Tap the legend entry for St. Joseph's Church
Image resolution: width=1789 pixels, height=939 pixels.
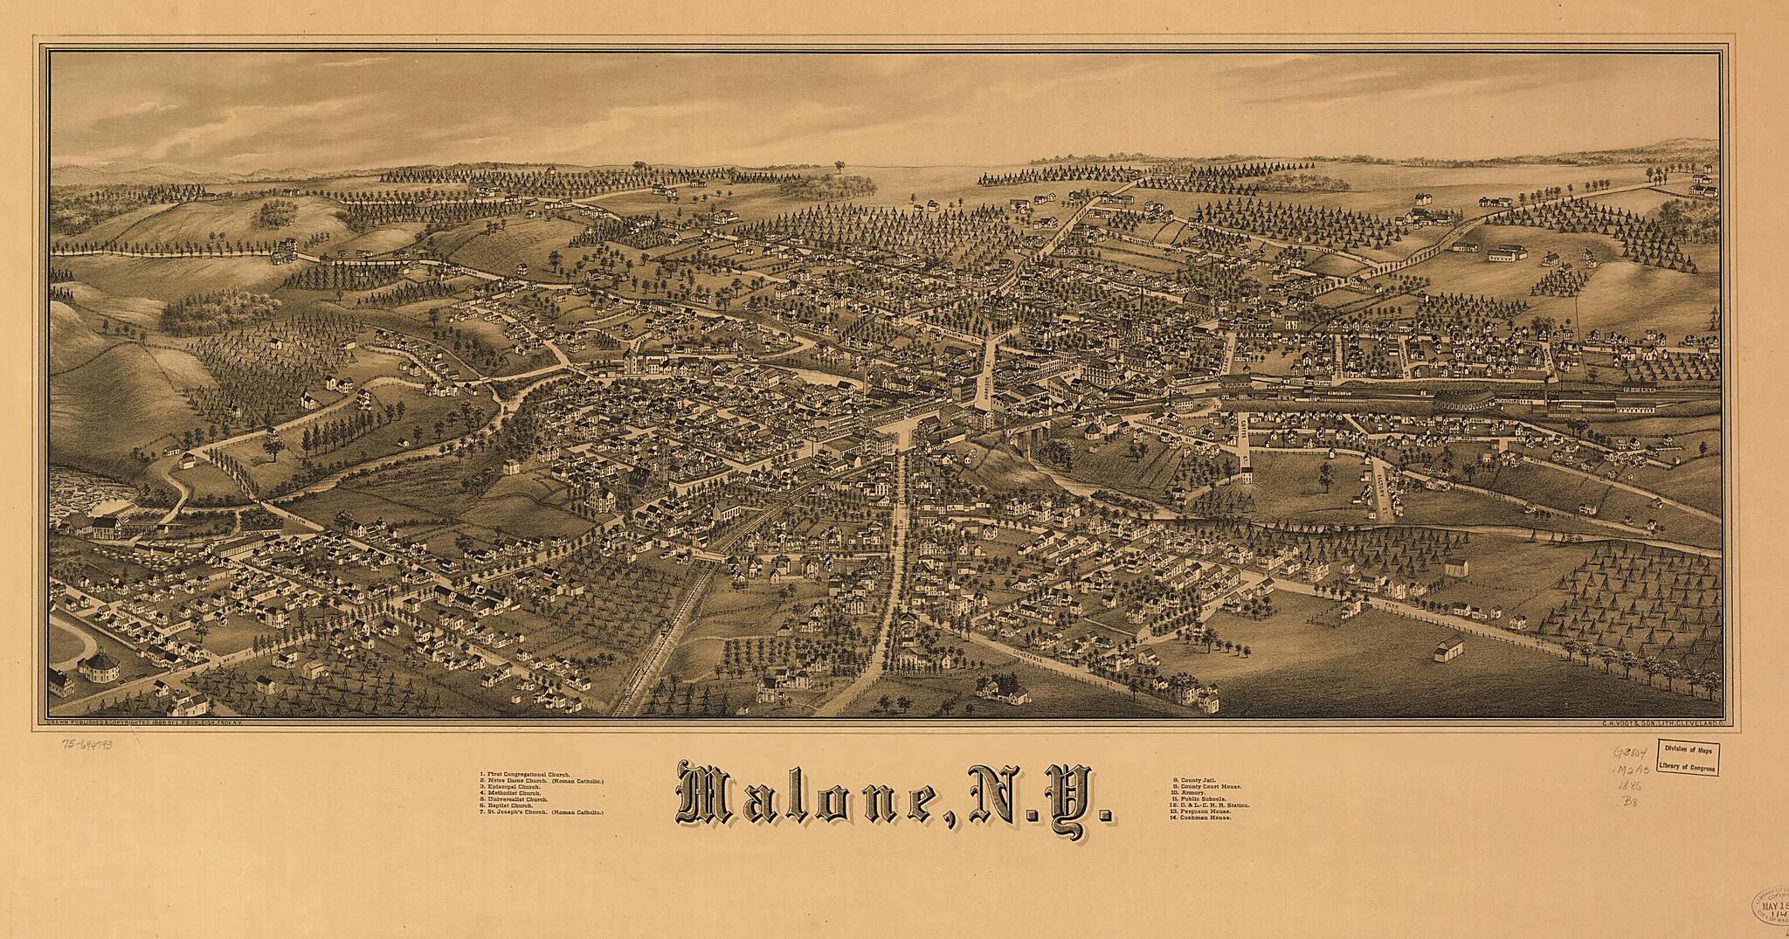542,811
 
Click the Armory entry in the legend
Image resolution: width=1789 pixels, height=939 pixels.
1192,792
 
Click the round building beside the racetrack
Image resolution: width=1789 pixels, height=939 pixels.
98,670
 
